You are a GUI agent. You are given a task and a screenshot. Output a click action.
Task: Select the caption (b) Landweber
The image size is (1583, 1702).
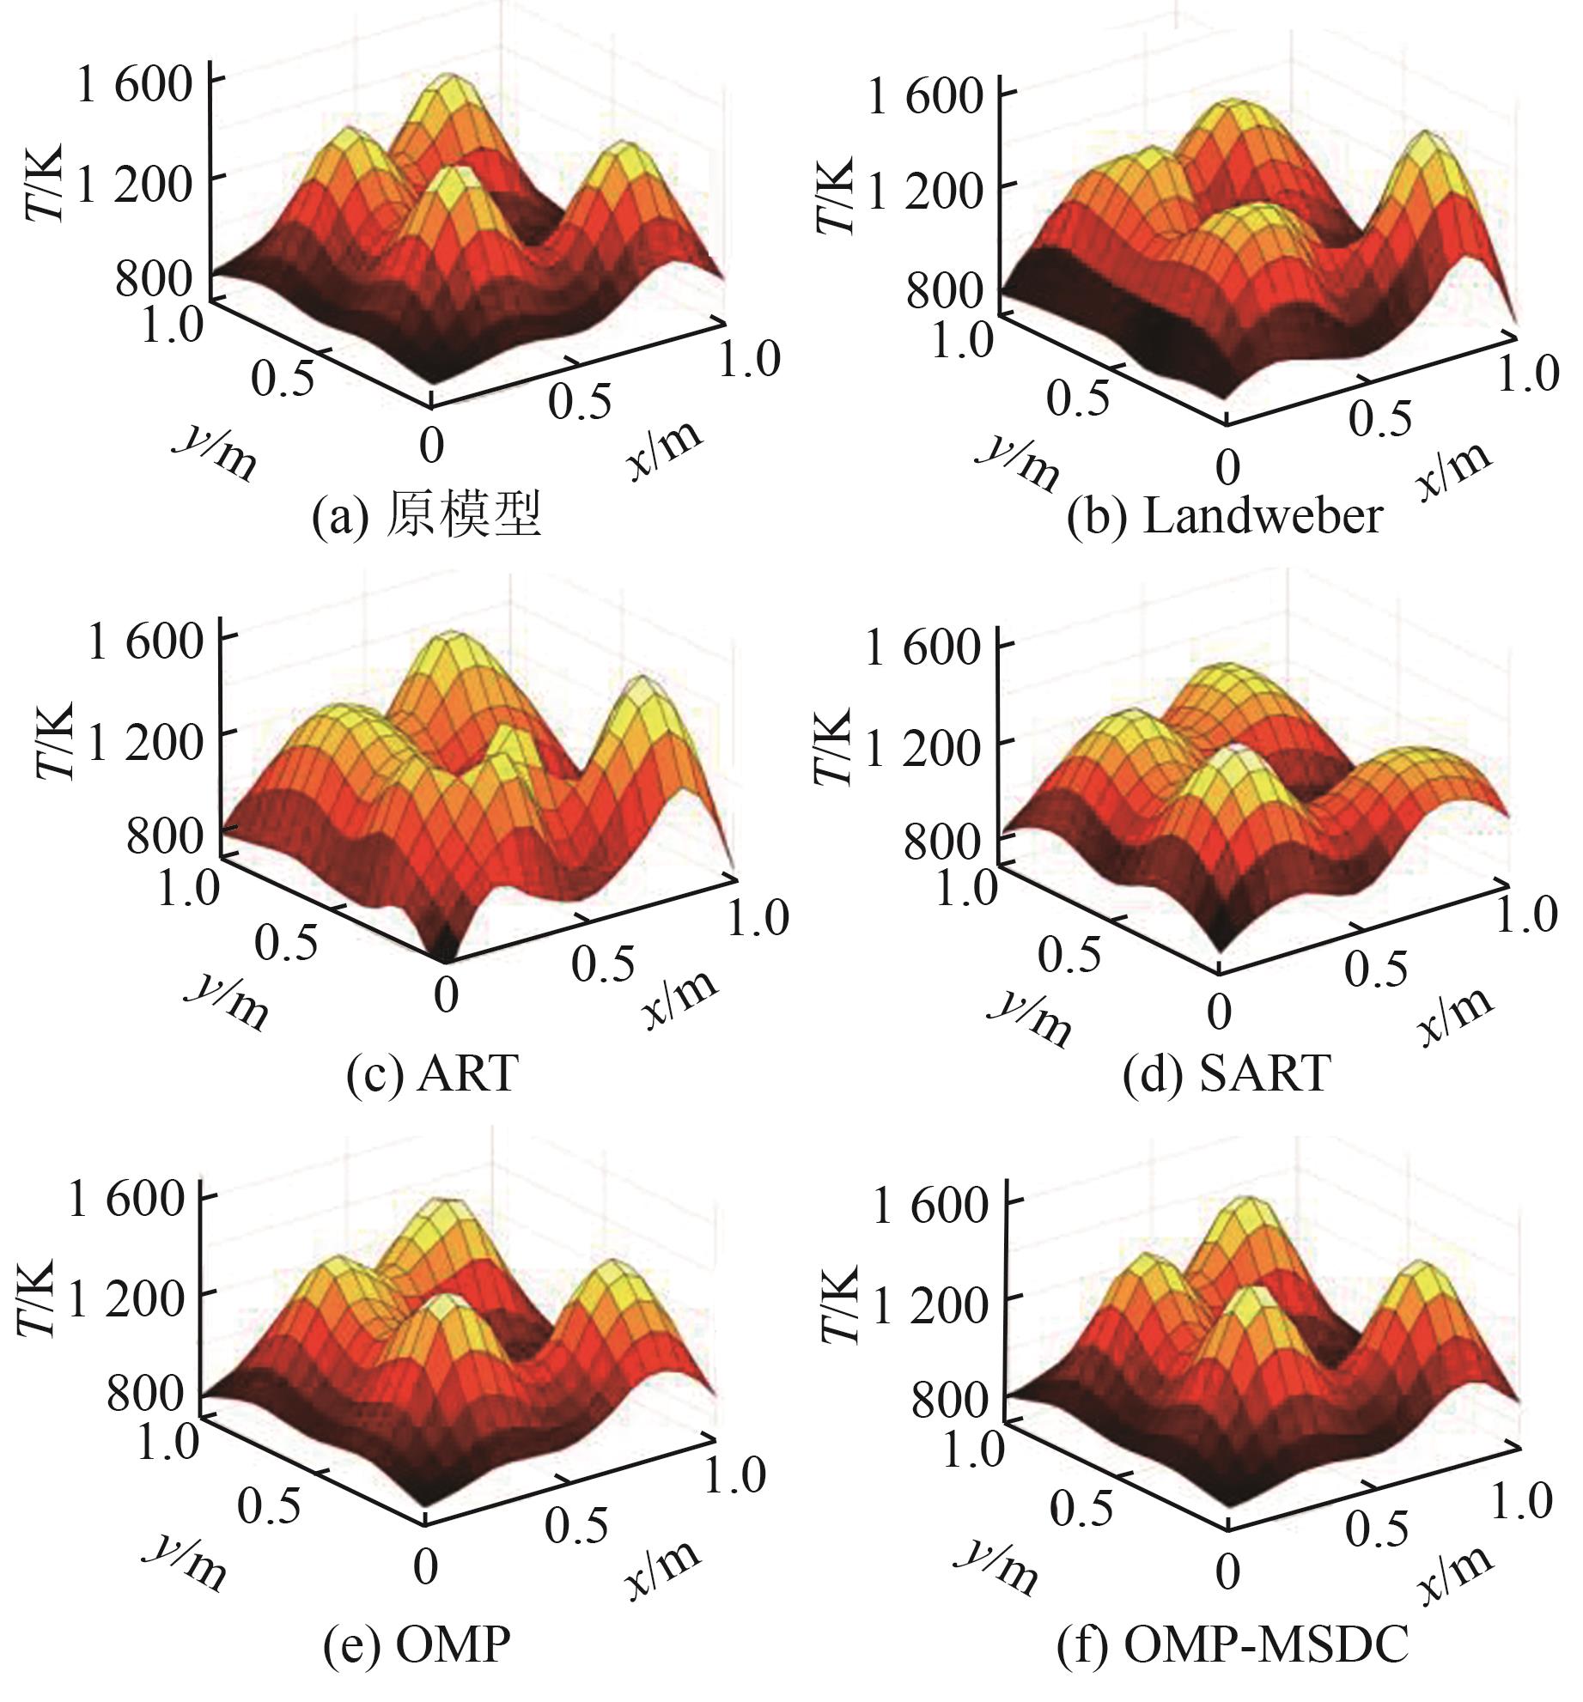pos(1224,518)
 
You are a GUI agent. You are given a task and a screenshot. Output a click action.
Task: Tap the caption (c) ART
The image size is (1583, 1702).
pos(432,1073)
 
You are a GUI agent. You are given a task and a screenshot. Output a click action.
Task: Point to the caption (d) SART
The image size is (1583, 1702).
pos(1227,1073)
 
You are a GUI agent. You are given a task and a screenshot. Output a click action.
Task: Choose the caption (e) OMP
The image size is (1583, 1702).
pos(417,1643)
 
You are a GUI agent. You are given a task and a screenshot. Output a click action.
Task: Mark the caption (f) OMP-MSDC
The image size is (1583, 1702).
pos(1233,1643)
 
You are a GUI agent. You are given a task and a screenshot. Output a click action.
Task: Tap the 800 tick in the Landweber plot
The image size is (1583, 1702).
pos(944,291)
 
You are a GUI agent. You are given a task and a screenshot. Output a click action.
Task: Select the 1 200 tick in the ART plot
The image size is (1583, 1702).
pos(145,741)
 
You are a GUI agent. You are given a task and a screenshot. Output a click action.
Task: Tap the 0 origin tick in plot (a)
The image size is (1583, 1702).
pos(432,446)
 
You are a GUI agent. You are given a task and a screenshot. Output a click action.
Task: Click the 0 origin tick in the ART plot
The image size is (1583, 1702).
pos(446,996)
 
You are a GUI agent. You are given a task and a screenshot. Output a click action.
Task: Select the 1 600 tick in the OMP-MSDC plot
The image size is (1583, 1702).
pos(930,1206)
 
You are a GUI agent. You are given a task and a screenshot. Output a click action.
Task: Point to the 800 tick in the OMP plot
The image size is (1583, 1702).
pos(145,1392)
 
